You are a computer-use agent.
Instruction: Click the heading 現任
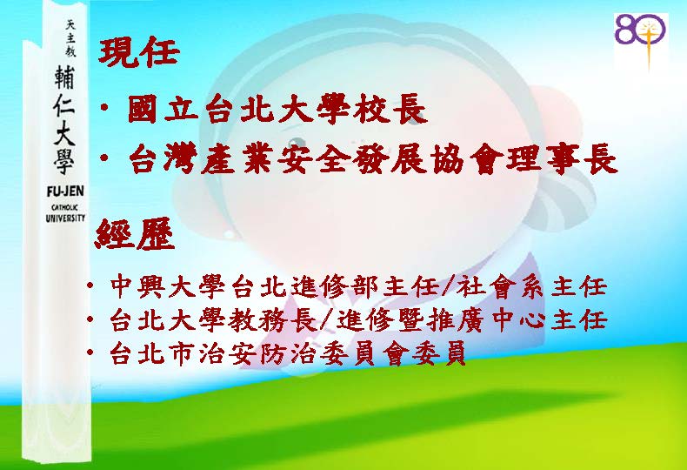tap(139, 52)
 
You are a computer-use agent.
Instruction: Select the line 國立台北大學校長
tap(277, 109)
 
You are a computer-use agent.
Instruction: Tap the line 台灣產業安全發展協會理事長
tap(373, 158)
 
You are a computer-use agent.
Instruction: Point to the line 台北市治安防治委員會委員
tap(287, 353)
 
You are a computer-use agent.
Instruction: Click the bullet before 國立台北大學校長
tap(104, 108)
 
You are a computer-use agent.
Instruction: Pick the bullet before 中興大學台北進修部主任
tap(90, 286)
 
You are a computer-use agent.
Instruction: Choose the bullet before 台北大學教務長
tap(90, 319)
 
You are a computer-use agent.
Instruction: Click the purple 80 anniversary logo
tap(641, 41)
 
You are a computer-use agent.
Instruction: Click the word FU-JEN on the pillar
tap(65, 191)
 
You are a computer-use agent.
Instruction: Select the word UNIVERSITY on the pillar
tap(65, 218)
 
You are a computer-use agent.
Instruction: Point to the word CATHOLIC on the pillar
tap(65, 208)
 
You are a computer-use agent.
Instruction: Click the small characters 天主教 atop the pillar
tap(70, 38)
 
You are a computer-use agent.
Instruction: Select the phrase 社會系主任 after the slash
tap(531, 287)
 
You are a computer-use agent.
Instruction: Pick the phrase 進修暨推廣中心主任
tap(471, 320)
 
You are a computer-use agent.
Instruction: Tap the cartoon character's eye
tap(297, 142)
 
